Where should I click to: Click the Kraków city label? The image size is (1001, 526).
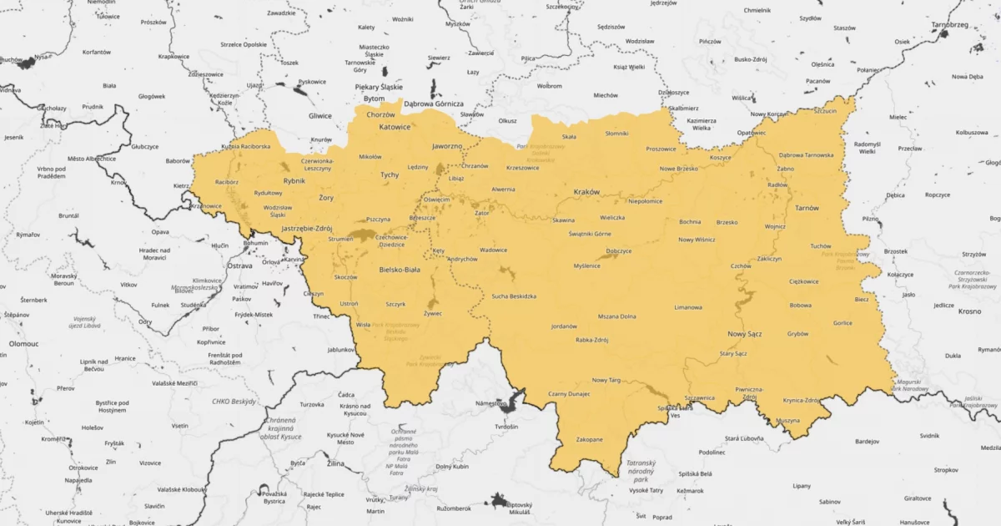tap(586, 192)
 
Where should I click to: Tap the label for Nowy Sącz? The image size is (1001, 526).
tap(745, 334)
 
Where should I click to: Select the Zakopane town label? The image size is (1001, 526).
tap(590, 439)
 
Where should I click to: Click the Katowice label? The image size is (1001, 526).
tap(395, 127)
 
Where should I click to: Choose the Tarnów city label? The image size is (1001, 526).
tap(807, 208)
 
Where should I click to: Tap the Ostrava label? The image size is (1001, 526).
tap(240, 266)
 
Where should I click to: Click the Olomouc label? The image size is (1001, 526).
tap(24, 343)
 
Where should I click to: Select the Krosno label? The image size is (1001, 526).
tap(970, 311)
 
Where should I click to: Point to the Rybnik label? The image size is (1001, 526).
tap(294, 180)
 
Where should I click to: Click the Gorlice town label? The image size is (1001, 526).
tap(843, 323)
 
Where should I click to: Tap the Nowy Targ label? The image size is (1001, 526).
tap(606, 380)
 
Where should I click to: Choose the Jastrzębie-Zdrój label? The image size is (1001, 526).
tap(307, 228)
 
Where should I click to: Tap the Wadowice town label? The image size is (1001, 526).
tap(493, 250)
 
